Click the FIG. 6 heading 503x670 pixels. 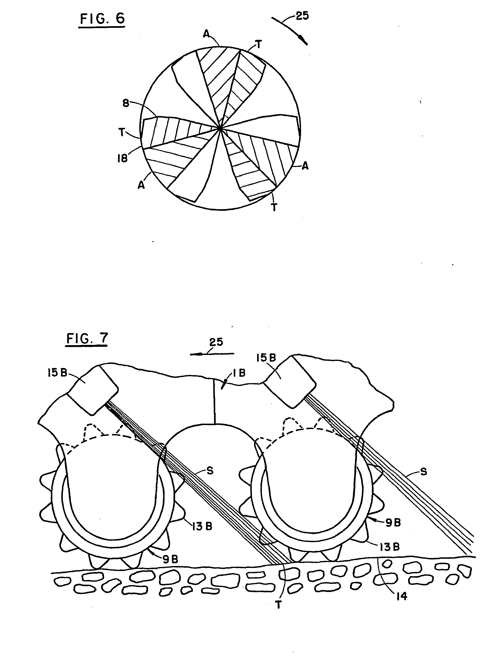tap(102, 19)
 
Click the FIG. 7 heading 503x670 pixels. tap(87, 339)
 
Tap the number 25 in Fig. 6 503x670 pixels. tap(302, 16)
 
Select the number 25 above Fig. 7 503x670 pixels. tap(216, 342)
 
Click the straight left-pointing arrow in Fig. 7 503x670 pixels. tap(212, 353)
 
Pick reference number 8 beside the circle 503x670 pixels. tap(126, 103)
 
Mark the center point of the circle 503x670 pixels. tap(220, 128)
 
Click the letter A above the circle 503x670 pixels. tap(206, 34)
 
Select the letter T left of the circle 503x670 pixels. tap(122, 132)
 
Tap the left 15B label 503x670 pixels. tap(57, 373)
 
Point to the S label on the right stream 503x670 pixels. tap(423, 471)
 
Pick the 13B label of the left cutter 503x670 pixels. tap(202, 526)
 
